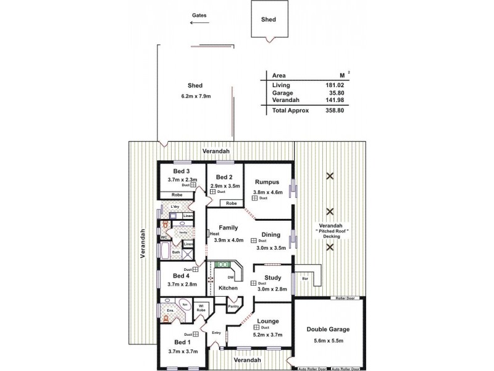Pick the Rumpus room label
click(267, 182)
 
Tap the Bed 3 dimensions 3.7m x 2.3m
click(182, 179)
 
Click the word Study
click(273, 278)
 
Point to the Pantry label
click(233, 307)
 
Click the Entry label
click(216, 333)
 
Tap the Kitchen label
click(228, 288)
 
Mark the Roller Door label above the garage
click(345, 298)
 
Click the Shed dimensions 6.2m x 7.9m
click(196, 96)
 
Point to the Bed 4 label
click(180, 275)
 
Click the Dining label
click(270, 235)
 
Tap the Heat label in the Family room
click(214, 234)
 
